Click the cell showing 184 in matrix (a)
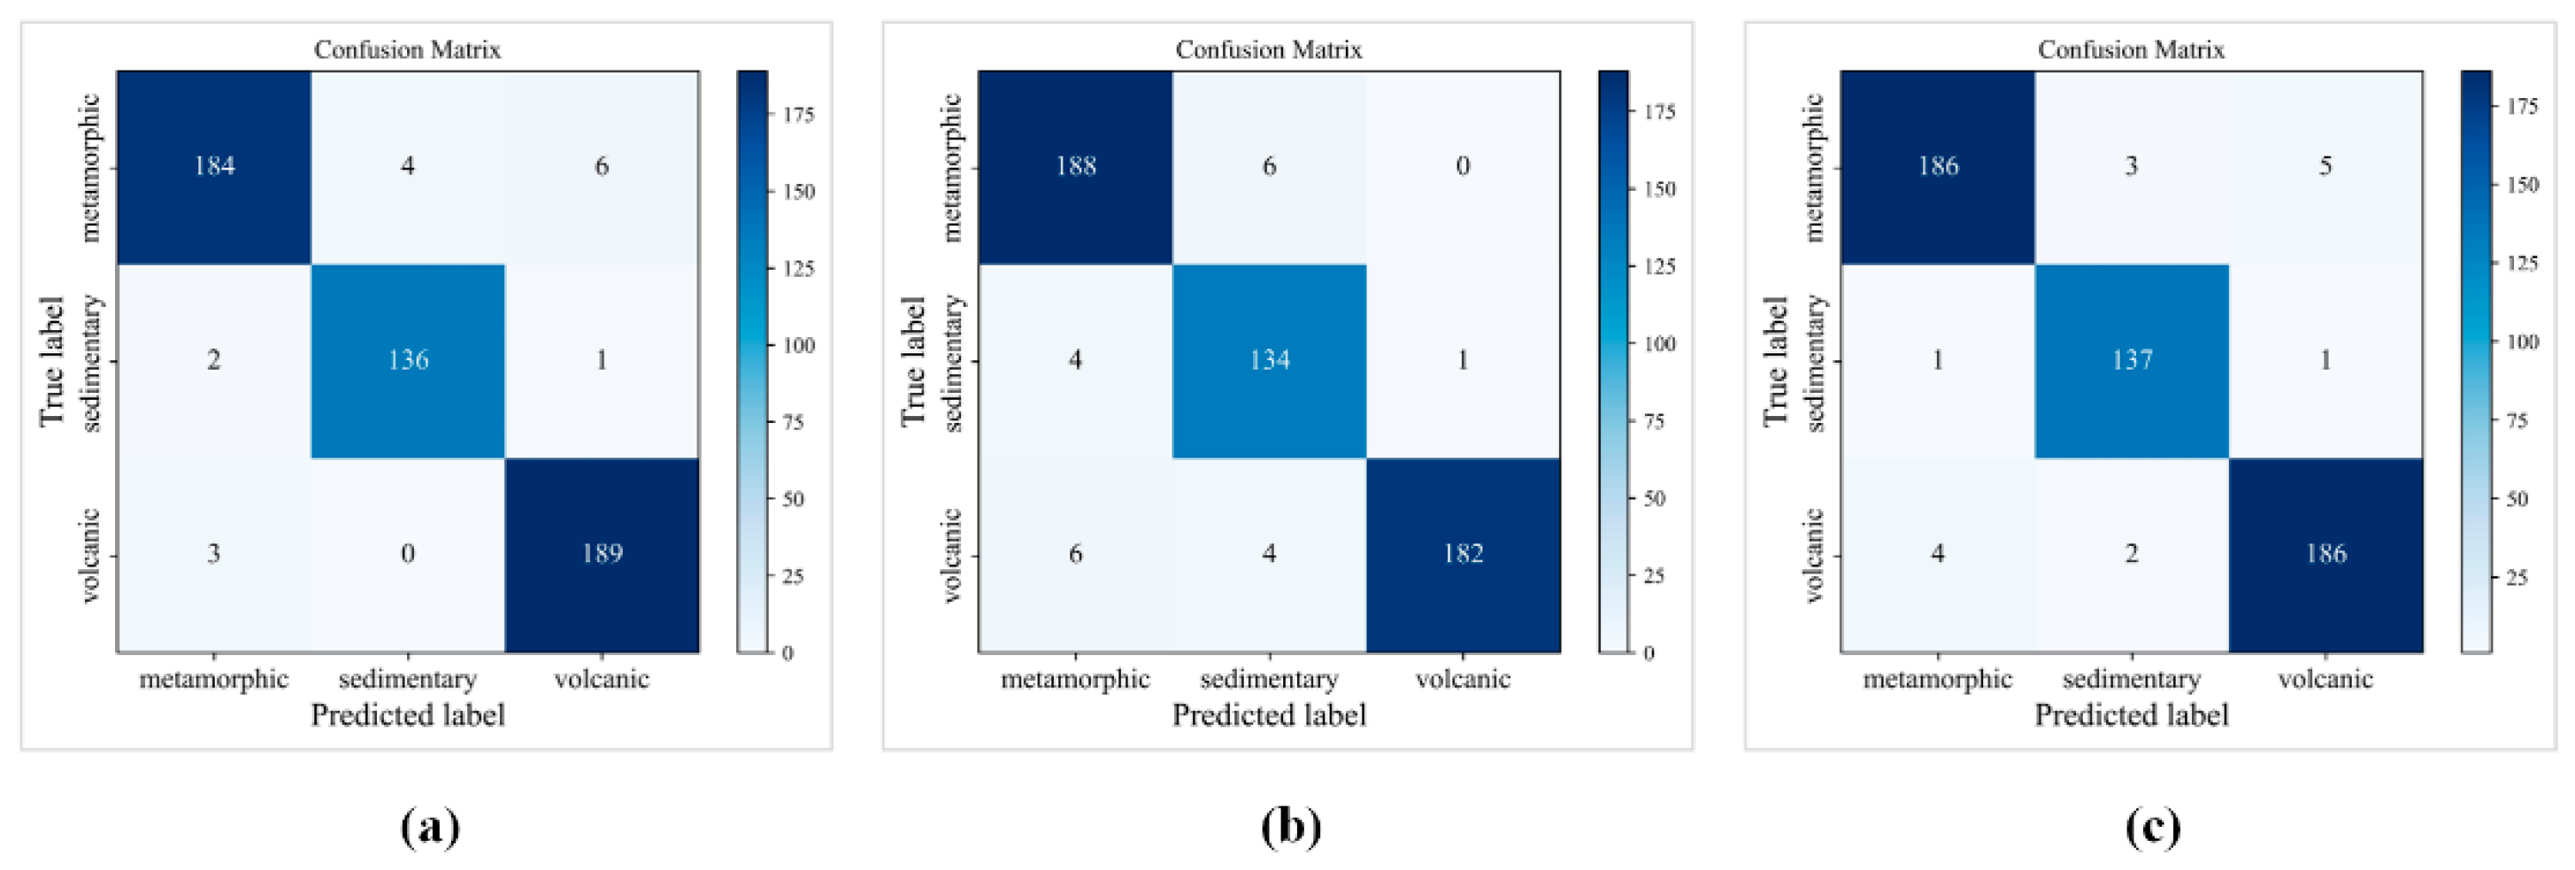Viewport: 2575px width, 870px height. point(214,166)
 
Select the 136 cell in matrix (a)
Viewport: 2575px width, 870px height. point(408,360)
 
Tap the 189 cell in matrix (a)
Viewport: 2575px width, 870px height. point(602,554)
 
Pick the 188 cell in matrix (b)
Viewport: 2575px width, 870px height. point(1075,166)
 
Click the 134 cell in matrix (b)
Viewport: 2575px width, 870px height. point(1269,360)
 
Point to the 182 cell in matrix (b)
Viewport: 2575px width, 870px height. point(1463,554)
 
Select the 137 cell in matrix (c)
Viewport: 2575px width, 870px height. point(2131,360)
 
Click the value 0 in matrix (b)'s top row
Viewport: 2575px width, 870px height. point(1463,166)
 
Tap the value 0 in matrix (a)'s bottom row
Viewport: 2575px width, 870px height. point(408,554)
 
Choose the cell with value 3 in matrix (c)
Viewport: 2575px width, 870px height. point(2131,166)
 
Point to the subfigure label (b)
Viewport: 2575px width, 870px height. point(1290,827)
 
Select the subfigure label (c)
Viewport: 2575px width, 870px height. point(2152,827)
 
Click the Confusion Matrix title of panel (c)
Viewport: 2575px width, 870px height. point(2131,50)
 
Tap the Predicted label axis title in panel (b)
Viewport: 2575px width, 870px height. point(1269,716)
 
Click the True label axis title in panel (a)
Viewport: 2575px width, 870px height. point(52,361)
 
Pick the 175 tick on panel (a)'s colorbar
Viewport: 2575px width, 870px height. point(798,115)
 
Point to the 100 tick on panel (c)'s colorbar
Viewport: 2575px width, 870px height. point(2521,342)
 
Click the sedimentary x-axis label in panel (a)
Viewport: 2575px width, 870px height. point(408,680)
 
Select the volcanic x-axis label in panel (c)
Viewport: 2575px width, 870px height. point(2325,680)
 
